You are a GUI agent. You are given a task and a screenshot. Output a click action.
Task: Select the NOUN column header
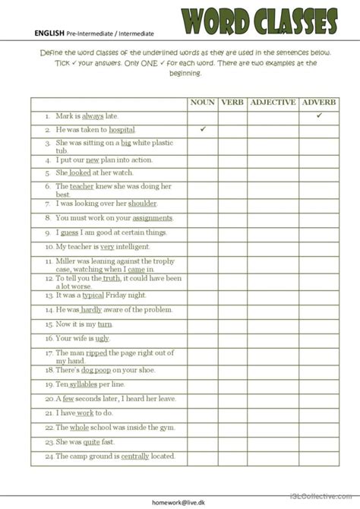203,103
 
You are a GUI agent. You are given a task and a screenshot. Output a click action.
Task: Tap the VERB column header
232,103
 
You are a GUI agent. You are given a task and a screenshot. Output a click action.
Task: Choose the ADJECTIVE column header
273,103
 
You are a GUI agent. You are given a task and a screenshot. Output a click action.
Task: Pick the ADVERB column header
319,103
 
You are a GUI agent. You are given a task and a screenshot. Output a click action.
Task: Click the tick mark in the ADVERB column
319,115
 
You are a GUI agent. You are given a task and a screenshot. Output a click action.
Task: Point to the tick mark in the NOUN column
203,129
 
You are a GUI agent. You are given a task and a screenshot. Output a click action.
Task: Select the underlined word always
93,116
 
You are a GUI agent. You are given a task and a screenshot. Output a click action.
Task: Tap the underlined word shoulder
143,204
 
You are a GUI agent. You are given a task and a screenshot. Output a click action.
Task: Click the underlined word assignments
153,218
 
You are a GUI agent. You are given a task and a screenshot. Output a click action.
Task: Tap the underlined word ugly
103,338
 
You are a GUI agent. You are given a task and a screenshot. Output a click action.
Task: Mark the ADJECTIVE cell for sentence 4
273,160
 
